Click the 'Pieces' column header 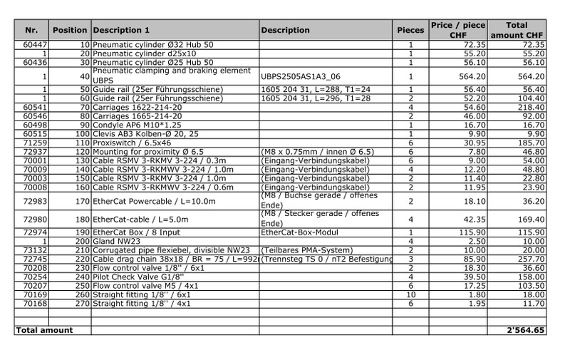click(410, 30)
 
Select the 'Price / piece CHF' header click(457, 30)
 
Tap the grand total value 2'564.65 click(526, 330)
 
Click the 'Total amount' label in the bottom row click(44, 330)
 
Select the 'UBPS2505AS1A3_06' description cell click(301, 76)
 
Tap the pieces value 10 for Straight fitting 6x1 click(411, 294)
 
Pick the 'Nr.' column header click(31, 30)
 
